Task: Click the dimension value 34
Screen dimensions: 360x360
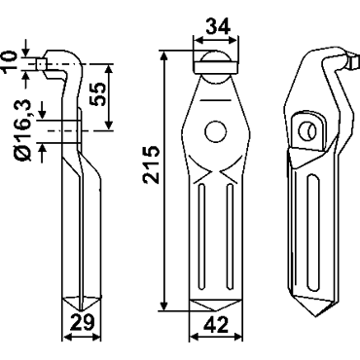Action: (x=218, y=26)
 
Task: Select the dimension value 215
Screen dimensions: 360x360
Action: (x=152, y=165)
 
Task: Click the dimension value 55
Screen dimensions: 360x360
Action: (x=97, y=93)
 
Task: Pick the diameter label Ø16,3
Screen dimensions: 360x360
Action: (x=22, y=130)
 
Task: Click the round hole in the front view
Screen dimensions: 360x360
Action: (x=216, y=131)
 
